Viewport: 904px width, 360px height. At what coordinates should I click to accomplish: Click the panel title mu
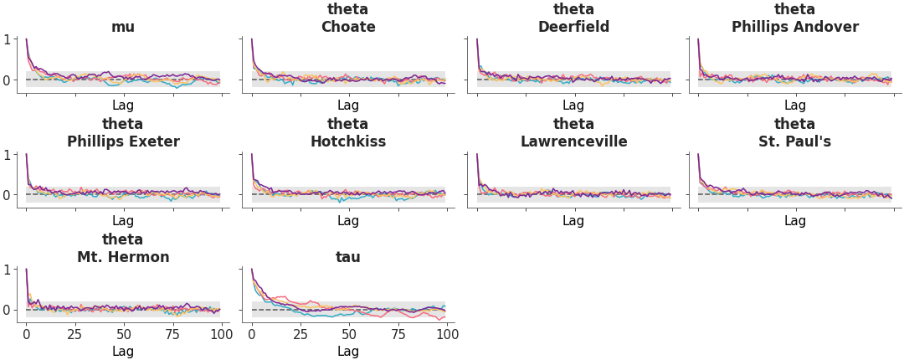pos(123,27)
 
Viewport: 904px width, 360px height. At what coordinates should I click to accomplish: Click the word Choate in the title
pos(348,27)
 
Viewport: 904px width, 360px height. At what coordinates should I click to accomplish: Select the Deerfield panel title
pos(573,27)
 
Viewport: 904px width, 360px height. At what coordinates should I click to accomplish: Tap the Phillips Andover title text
pos(794,27)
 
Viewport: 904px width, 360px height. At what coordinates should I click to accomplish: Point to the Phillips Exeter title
pos(123,141)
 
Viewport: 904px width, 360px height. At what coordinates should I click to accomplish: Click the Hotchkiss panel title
pos(348,141)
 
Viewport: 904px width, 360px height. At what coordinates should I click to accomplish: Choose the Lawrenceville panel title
pos(573,141)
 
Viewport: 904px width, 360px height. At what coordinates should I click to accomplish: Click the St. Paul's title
pos(794,141)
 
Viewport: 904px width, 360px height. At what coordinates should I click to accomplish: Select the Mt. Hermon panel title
pos(123,257)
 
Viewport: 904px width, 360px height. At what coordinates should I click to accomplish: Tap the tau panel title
pos(348,257)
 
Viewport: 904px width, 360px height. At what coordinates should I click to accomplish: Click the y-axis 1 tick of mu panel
pos(7,39)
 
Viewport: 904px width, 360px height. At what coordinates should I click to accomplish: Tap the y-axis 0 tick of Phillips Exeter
pos(7,195)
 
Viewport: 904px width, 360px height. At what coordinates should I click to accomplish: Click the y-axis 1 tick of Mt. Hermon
pos(7,270)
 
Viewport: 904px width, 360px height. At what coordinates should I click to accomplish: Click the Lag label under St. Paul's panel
pos(794,221)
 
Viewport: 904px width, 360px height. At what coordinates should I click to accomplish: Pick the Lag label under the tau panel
pos(348,352)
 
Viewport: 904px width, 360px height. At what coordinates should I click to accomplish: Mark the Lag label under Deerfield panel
pos(573,105)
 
